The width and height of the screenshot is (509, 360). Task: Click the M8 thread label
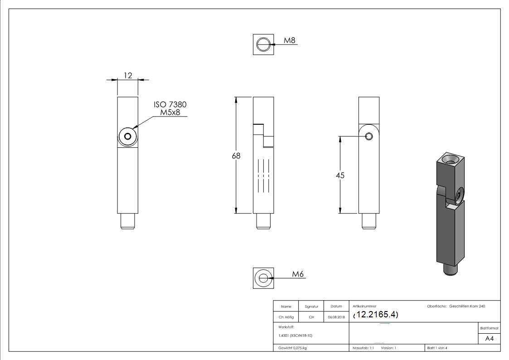[x=290, y=40]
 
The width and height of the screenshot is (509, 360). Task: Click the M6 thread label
[x=297, y=274]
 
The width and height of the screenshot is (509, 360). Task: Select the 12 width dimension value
[x=128, y=75]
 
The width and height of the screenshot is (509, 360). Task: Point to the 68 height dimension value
[x=236, y=156]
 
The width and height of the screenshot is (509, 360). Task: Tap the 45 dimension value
[x=340, y=175]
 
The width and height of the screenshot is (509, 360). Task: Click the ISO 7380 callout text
[x=170, y=104]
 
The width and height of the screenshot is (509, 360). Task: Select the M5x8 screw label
[x=170, y=112]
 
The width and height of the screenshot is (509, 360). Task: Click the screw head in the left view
[x=127, y=137]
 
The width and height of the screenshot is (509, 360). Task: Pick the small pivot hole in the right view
[x=369, y=136]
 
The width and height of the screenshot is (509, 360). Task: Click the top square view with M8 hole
[x=263, y=44]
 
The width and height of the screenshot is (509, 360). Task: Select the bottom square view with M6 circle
[x=263, y=277]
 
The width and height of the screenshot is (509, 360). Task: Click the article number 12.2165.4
[x=376, y=315]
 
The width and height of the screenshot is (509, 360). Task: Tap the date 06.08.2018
[x=336, y=317]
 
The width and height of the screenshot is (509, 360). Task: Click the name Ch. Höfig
[x=286, y=317]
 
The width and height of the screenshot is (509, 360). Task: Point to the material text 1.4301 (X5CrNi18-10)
[x=296, y=336]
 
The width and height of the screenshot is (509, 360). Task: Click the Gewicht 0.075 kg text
[x=293, y=348]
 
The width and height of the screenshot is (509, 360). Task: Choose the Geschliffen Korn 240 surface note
[x=467, y=306]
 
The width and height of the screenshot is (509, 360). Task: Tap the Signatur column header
[x=311, y=306]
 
